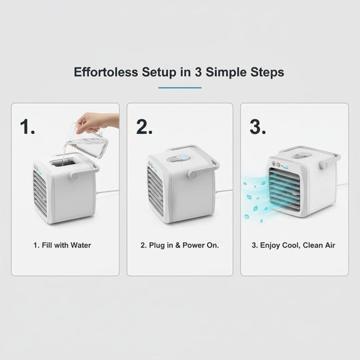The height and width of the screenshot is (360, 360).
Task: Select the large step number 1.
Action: [28, 127]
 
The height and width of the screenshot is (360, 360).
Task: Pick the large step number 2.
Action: [144, 127]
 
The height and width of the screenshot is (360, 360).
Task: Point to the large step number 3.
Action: [258, 127]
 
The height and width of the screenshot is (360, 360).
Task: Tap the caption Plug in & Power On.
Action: [180, 245]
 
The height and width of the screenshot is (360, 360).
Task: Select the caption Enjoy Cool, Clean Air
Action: [293, 245]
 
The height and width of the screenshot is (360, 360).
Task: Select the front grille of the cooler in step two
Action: [155, 190]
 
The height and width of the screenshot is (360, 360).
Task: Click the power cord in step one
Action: [107, 193]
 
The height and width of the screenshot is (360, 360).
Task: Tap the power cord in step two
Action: [223, 191]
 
